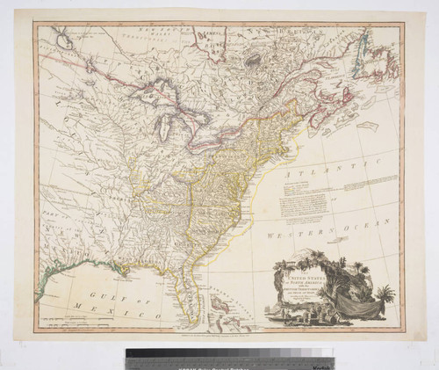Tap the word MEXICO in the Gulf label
pyautogui.click(x=130, y=304)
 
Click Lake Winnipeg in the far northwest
pyautogui.click(x=61, y=37)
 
